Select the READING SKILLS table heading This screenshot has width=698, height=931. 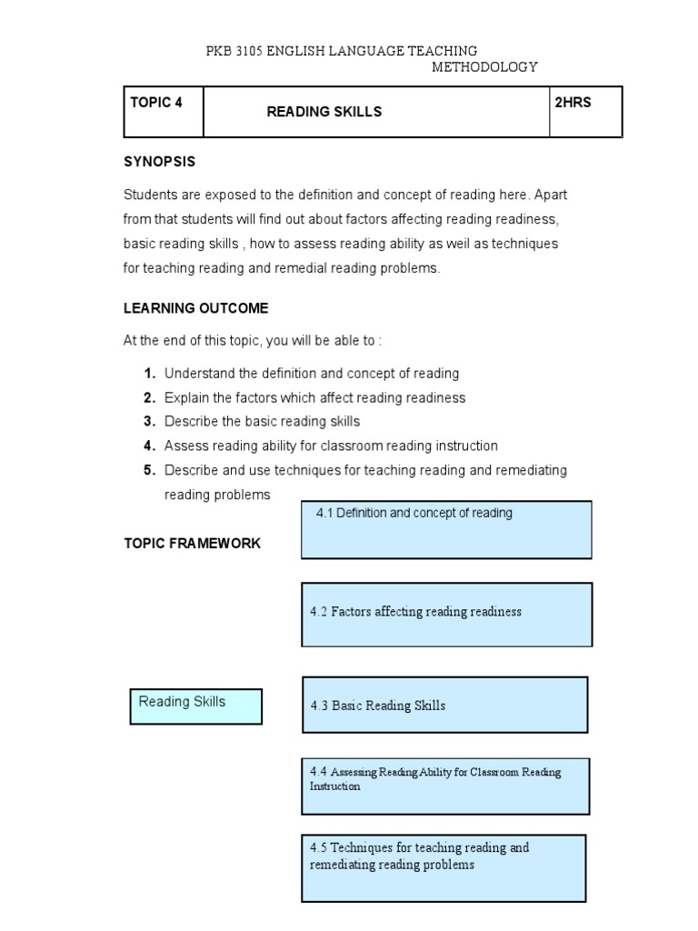324,112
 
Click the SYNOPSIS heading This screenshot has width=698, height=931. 159,162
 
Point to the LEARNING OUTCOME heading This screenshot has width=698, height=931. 195,308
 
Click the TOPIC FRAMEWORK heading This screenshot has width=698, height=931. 192,543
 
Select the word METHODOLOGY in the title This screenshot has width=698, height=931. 484,67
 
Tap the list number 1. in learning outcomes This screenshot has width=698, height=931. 149,374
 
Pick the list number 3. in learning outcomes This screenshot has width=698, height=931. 149,422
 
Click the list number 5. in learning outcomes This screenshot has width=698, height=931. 149,470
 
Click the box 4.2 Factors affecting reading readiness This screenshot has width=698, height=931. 446,614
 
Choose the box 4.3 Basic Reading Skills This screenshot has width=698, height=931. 444,705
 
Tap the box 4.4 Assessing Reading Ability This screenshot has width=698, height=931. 444,786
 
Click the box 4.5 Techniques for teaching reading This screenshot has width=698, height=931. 444,867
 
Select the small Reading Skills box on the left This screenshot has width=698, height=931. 196,706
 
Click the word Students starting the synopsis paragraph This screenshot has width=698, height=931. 148,195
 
